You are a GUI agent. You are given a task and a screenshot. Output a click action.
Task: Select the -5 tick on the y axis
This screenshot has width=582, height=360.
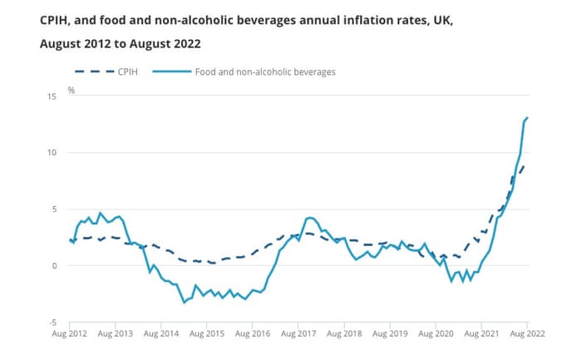coord(53,323)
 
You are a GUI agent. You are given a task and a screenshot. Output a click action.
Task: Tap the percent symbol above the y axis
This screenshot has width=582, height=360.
coord(72,89)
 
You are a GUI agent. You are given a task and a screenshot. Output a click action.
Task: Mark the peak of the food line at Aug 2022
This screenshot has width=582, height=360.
coord(527,118)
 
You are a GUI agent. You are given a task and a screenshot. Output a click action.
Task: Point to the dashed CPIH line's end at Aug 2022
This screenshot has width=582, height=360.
coord(524,165)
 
